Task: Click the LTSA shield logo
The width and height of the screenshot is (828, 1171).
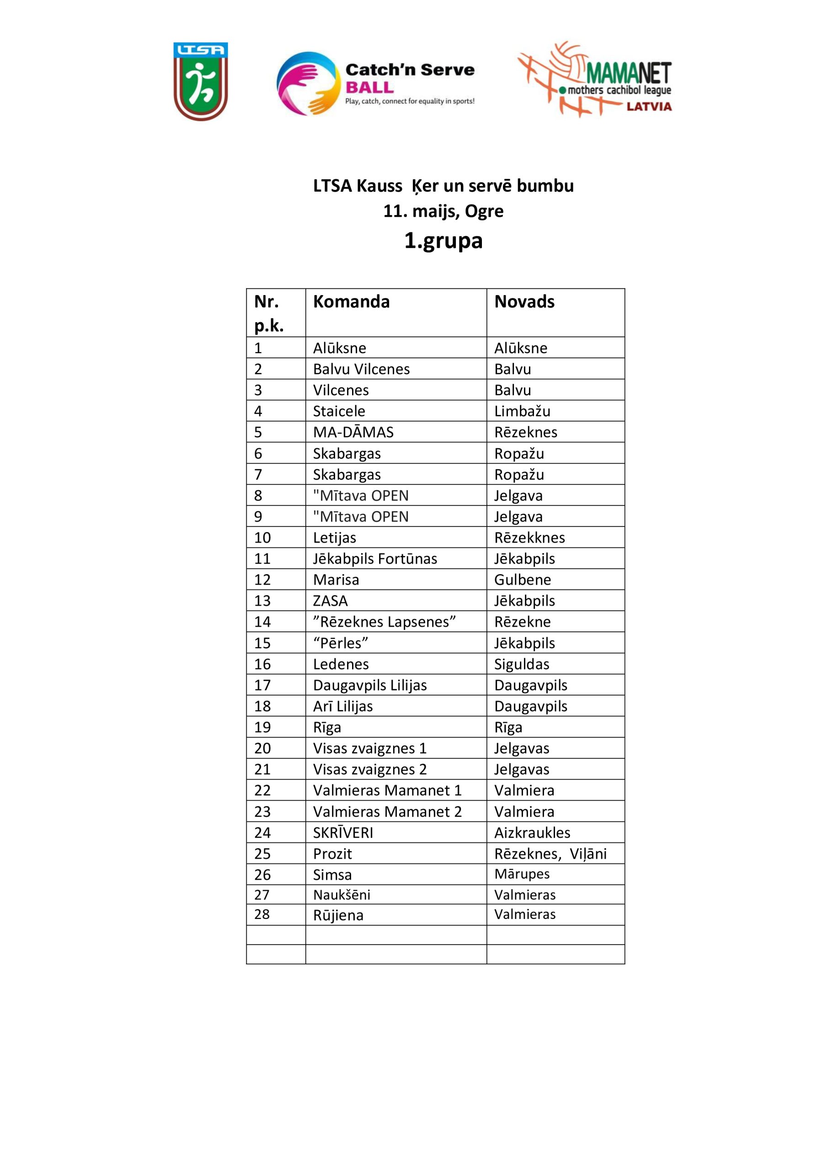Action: pyautogui.click(x=200, y=81)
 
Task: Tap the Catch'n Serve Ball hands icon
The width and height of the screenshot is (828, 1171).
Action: pyautogui.click(x=308, y=83)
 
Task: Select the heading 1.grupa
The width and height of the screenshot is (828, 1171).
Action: pyautogui.click(x=443, y=240)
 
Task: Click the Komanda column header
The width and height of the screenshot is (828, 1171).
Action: pyautogui.click(x=351, y=301)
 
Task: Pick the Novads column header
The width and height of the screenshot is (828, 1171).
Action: pyautogui.click(x=524, y=301)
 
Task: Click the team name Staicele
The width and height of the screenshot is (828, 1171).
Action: pyautogui.click(x=339, y=411)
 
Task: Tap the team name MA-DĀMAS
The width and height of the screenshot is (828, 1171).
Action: pyautogui.click(x=353, y=432)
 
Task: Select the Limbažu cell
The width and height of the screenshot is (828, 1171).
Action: pyautogui.click(x=522, y=411)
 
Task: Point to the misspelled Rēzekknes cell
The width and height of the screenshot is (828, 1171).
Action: pyautogui.click(x=529, y=537)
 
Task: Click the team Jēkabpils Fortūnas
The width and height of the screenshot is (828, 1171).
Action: pyautogui.click(x=375, y=559)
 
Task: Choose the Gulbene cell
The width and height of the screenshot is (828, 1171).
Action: pyautogui.click(x=523, y=580)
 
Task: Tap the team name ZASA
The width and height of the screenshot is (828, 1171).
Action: pyautogui.click(x=331, y=601)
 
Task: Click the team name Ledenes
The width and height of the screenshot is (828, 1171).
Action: pyautogui.click(x=341, y=664)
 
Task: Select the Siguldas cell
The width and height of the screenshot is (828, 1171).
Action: pyautogui.click(x=522, y=664)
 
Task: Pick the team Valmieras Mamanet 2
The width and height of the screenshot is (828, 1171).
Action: pyautogui.click(x=387, y=811)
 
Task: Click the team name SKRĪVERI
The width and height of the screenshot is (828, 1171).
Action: pyautogui.click(x=343, y=833)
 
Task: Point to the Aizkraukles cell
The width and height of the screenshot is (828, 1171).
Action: pyautogui.click(x=532, y=833)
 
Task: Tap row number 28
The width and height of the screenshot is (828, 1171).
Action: pyautogui.click(x=262, y=914)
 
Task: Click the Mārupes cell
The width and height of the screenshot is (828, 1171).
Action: pyautogui.click(x=522, y=874)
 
